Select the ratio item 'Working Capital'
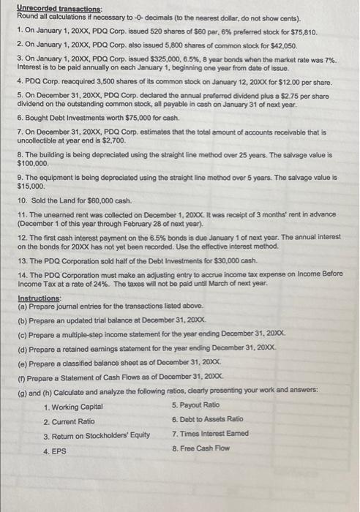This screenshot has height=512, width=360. [x=75, y=407]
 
